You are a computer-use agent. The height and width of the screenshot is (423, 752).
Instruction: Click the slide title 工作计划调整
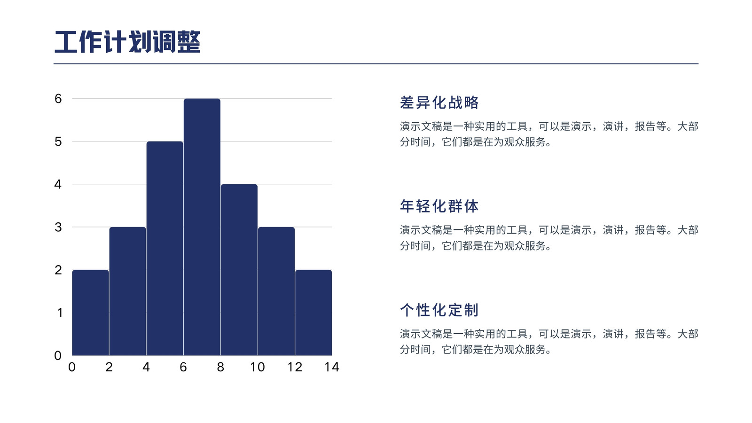tap(127, 42)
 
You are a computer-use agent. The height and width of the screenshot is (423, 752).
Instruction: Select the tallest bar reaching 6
tap(202, 227)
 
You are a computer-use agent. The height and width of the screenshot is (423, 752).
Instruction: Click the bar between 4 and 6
tap(165, 249)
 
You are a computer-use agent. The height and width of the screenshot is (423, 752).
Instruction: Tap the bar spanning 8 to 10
tap(239, 270)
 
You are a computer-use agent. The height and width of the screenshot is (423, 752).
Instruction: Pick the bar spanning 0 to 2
tap(91, 313)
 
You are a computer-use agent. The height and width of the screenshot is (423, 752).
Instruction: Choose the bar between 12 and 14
tap(313, 313)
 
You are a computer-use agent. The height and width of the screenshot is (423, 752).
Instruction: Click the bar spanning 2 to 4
tap(127, 291)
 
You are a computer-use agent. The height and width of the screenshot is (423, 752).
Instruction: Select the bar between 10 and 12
tap(276, 291)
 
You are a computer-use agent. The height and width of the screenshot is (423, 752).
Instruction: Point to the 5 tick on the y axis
tap(58, 141)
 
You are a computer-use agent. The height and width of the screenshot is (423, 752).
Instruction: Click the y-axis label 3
tap(58, 227)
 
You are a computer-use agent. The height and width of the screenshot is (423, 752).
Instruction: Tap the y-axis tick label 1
tap(60, 313)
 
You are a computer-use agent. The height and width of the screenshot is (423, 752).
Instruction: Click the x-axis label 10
tap(258, 367)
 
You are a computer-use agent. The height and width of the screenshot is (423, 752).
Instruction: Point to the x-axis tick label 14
tap(332, 367)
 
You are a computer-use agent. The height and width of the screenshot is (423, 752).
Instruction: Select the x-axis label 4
tap(146, 367)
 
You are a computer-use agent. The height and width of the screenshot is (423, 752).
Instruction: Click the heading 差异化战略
tap(439, 102)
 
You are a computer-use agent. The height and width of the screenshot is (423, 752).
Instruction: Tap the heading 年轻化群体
tap(439, 206)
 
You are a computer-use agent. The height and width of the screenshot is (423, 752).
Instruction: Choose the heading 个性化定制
tap(439, 310)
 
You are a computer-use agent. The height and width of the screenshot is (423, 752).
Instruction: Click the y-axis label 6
tap(58, 99)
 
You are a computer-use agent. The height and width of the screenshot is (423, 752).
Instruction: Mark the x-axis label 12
tap(295, 367)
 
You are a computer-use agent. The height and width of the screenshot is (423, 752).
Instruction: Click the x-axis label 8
tap(220, 367)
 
